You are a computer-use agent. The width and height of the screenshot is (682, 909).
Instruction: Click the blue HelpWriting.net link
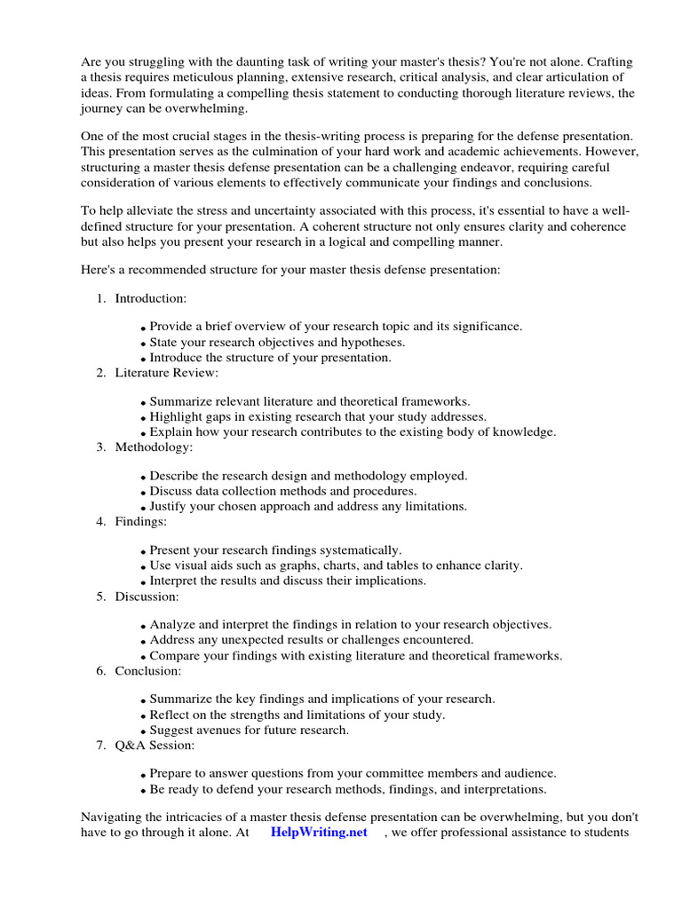(x=318, y=833)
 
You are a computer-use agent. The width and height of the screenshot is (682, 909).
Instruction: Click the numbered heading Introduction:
(x=150, y=298)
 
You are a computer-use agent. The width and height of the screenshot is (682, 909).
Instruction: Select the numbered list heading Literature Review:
(x=166, y=373)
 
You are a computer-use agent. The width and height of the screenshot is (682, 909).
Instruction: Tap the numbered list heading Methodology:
(x=153, y=447)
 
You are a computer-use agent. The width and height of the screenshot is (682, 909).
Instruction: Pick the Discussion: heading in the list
(x=147, y=597)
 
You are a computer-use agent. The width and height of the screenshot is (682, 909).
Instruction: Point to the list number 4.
(x=101, y=522)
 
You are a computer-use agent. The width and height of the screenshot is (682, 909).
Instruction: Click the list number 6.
(x=101, y=671)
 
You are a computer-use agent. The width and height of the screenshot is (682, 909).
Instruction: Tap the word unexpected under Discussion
(x=246, y=640)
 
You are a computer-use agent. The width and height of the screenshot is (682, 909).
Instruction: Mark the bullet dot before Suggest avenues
(x=143, y=731)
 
